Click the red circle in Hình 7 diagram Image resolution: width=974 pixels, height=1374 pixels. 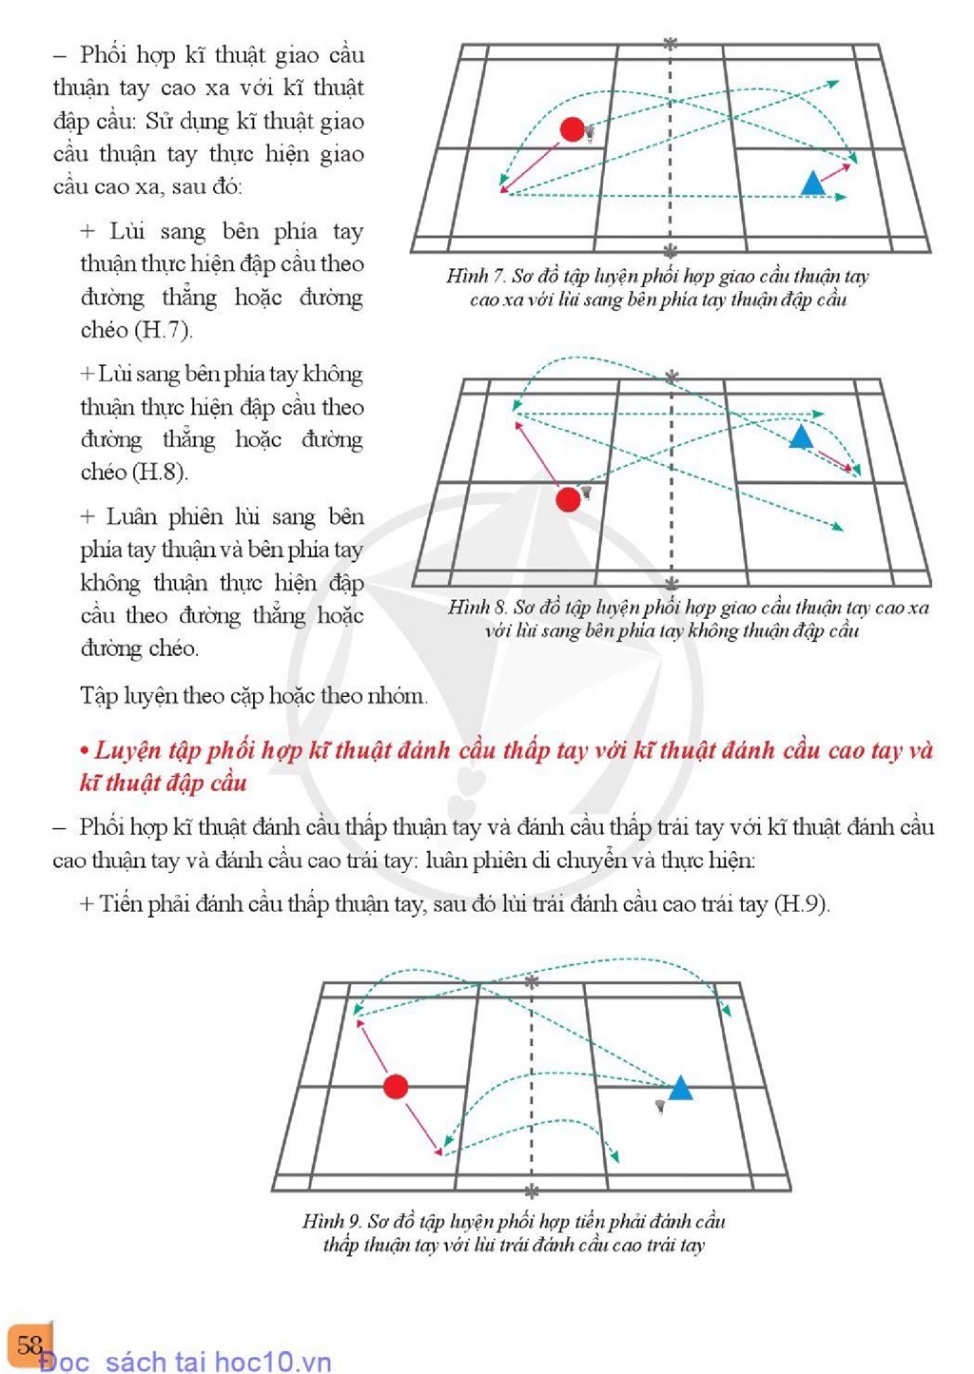[572, 130]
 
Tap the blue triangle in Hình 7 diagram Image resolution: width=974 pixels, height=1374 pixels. [813, 184]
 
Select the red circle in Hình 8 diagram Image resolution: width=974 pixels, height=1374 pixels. [568, 499]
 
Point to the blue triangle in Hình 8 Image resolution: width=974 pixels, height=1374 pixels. [801, 438]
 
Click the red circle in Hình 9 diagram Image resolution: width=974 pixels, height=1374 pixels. [396, 1086]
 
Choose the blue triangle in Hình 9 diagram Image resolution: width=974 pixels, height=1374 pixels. [680, 1088]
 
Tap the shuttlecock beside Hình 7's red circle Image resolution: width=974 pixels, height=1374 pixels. [591, 133]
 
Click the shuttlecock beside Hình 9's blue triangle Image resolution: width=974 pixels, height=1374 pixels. [660, 1106]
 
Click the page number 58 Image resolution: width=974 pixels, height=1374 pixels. [29, 1344]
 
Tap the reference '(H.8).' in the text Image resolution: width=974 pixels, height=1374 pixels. [161, 472]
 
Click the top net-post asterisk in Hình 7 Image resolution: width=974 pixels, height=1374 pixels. [671, 44]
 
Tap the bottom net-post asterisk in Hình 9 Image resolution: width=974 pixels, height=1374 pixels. [532, 1191]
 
